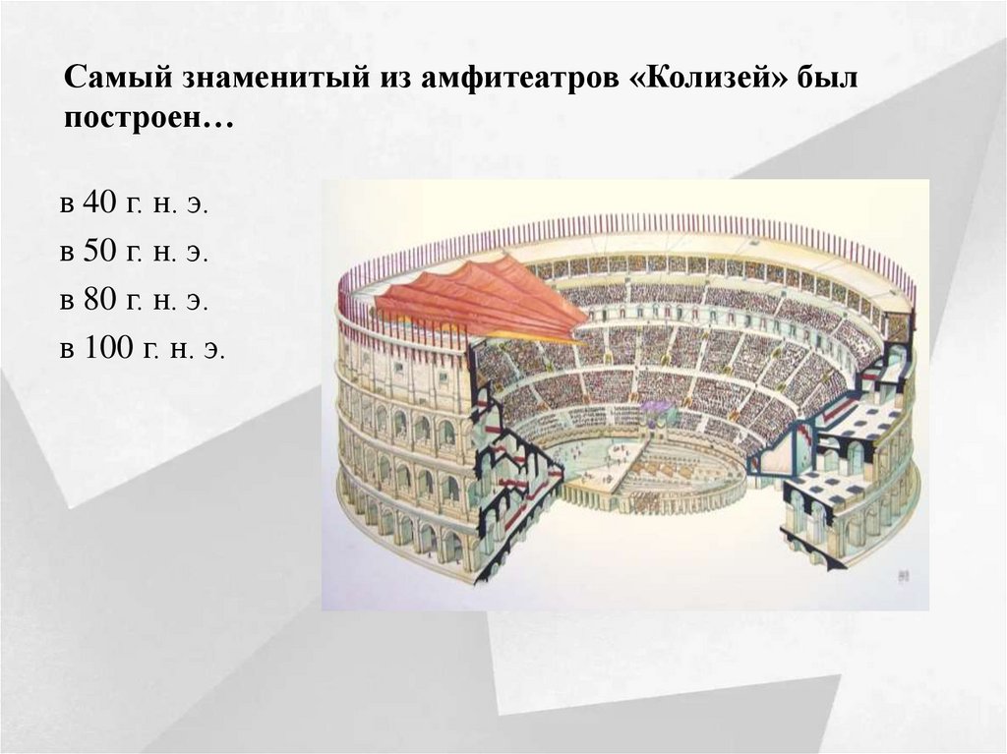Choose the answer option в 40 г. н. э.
(134, 204)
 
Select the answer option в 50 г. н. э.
(134, 253)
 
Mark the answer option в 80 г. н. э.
(134, 301)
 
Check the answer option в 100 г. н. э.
(142, 349)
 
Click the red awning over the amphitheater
(482, 295)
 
